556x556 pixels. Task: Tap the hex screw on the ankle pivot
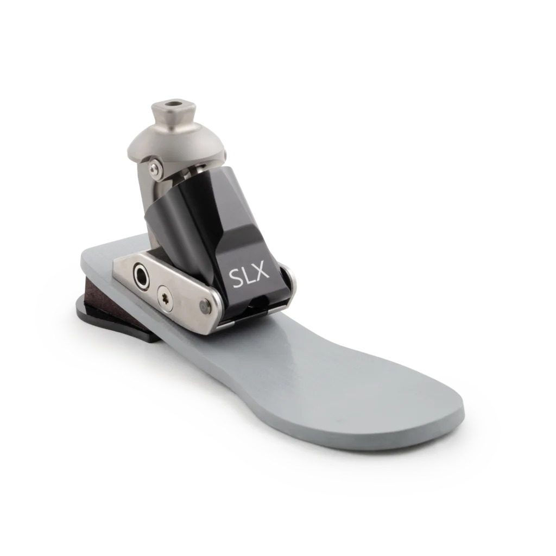tap(154, 167)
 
